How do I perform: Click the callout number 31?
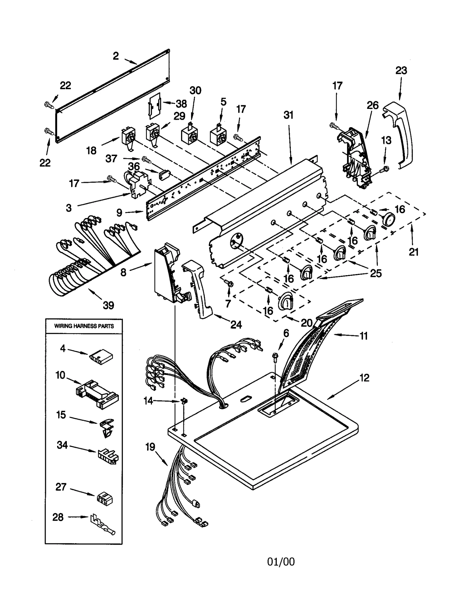pyautogui.click(x=288, y=115)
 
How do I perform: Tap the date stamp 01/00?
pyautogui.click(x=281, y=562)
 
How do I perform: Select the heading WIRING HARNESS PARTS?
pyautogui.click(x=84, y=326)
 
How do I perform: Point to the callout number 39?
pyautogui.click(x=108, y=305)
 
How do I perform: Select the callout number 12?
pyautogui.click(x=364, y=378)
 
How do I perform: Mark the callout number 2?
pyautogui.click(x=115, y=56)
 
